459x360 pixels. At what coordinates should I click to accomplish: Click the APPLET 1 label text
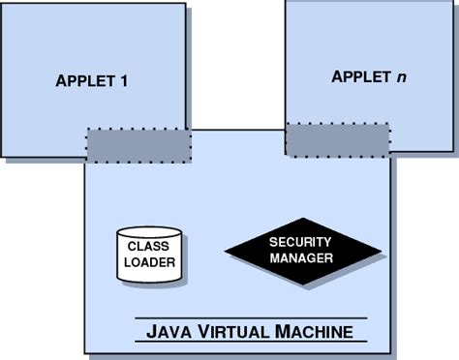pos(92,80)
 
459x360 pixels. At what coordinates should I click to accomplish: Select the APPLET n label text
pos(369,76)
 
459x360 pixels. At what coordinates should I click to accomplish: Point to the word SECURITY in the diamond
pos(301,242)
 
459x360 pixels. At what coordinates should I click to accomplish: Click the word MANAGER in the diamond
pos(302,258)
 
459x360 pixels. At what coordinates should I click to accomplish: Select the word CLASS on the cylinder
pos(148,247)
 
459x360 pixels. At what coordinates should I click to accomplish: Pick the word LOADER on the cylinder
pos(148,261)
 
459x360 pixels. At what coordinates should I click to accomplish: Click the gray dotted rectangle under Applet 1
pos(138,145)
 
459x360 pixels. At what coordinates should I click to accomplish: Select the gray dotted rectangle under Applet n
pos(337,138)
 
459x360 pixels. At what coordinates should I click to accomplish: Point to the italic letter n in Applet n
pos(401,76)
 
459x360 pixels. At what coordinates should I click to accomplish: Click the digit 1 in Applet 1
pos(125,80)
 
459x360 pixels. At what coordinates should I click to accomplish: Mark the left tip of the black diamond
pos(227,252)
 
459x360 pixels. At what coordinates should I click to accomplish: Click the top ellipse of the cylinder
pos(148,233)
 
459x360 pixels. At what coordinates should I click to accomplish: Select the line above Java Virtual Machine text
pos(250,318)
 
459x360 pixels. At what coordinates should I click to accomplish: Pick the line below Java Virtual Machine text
pos(250,347)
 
